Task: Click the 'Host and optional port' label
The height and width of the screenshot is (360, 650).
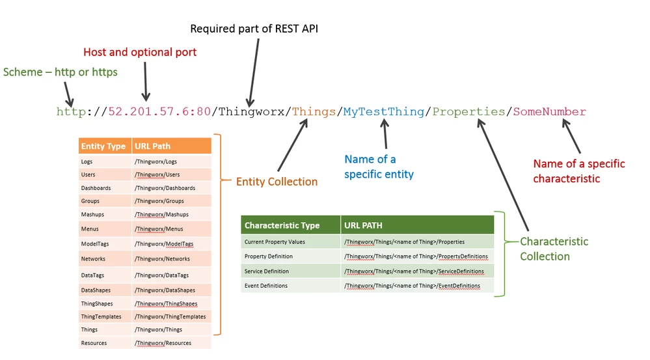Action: [x=140, y=52]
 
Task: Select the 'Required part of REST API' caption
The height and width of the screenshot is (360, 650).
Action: [x=254, y=29]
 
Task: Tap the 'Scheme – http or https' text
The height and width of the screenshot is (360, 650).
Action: [x=61, y=72]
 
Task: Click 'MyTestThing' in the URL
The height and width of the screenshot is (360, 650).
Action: [x=383, y=112]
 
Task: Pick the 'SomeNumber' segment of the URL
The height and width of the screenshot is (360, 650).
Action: [x=549, y=112]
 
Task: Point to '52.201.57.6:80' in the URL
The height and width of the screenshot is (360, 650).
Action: [x=159, y=112]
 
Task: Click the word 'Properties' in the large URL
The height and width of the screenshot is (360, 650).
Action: [x=468, y=112]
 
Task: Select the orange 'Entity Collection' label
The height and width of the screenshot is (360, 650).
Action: [x=277, y=182]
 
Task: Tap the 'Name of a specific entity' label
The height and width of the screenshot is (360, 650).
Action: [x=379, y=167]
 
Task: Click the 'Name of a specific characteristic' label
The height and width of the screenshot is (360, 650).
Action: [x=578, y=171]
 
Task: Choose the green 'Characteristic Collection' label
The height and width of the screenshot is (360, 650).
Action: [x=554, y=249]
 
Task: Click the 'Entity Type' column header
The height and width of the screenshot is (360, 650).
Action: [x=103, y=146]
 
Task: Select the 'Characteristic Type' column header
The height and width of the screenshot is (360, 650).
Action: [x=282, y=225]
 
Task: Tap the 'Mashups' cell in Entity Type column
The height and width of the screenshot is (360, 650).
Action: [x=92, y=214]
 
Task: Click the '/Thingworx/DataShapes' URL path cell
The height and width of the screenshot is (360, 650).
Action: [x=165, y=290]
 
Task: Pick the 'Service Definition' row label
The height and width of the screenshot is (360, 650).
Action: [x=267, y=271]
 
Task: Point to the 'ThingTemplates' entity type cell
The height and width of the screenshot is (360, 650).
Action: [x=101, y=316]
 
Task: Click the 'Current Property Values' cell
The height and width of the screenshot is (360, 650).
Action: [x=275, y=242]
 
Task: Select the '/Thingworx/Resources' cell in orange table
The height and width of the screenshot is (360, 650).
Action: [x=163, y=343]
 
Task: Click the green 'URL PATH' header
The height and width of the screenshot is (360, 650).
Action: [x=363, y=225]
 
